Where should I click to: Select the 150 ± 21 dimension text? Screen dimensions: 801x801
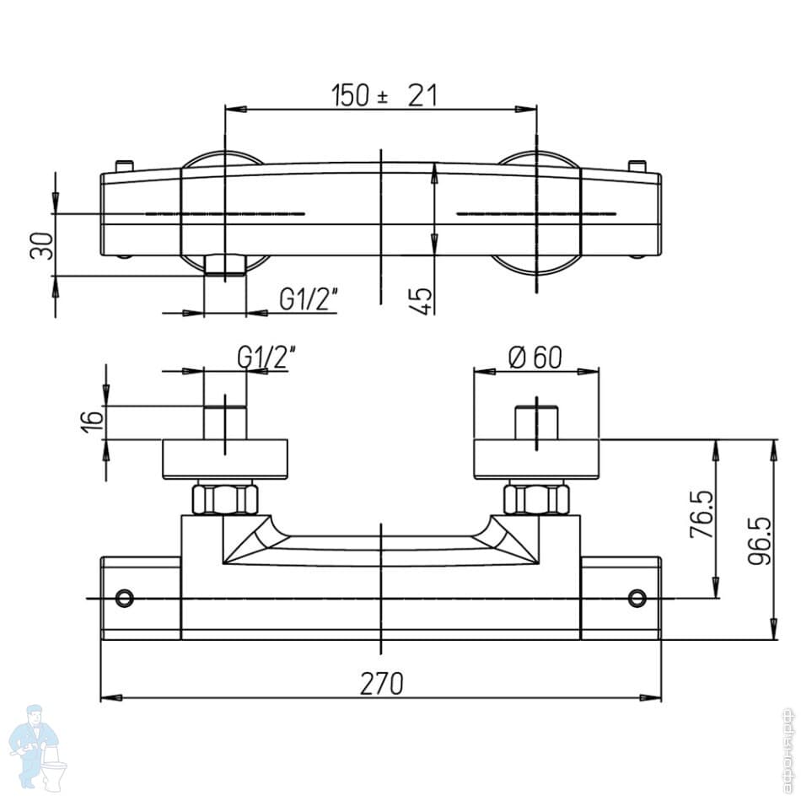click(x=384, y=95)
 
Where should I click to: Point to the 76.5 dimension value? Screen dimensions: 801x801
click(x=702, y=516)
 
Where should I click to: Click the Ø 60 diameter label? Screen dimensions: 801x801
click(x=535, y=357)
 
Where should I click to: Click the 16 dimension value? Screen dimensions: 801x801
click(x=94, y=418)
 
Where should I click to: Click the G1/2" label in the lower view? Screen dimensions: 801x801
click(x=266, y=357)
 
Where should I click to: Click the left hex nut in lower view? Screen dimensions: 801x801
click(x=224, y=498)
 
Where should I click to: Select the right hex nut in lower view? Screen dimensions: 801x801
click(x=535, y=498)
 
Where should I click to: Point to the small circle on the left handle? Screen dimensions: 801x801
click(x=125, y=599)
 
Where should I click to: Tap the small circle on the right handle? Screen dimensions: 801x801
click(x=637, y=599)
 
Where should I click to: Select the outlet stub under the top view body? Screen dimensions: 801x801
click(x=225, y=266)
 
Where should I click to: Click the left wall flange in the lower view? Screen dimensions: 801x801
click(x=225, y=460)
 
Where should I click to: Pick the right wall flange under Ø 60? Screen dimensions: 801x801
click(x=536, y=460)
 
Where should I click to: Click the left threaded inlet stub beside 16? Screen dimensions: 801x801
click(x=225, y=422)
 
